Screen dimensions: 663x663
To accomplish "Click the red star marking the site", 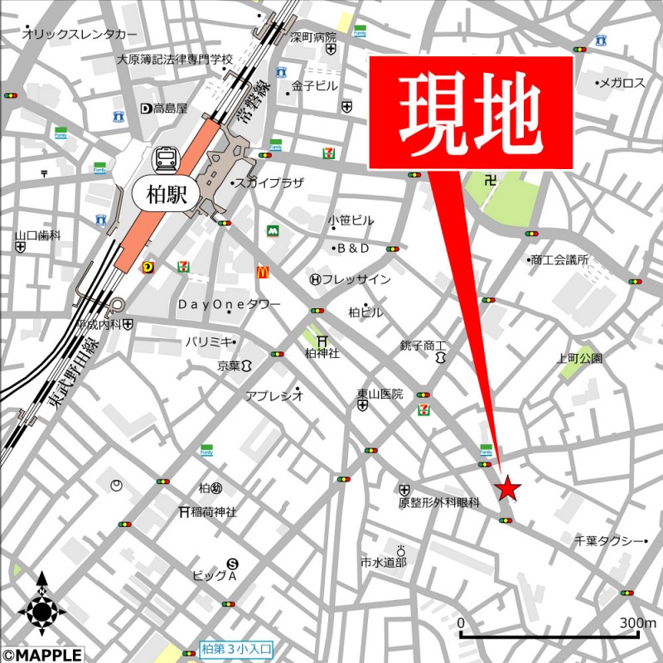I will coord(508,489).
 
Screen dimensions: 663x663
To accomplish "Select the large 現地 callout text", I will coord(470,112).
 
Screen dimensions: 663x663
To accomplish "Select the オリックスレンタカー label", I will coord(80,35).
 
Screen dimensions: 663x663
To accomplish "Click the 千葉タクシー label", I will coord(610,541).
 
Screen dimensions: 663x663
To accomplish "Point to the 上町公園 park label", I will coord(580,359).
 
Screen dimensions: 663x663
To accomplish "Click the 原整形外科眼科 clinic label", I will coord(439,502).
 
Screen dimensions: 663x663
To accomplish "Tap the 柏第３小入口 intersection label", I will coord(237,650).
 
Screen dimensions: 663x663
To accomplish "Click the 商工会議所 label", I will coord(559,259).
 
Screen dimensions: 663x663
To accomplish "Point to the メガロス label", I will coord(621,83).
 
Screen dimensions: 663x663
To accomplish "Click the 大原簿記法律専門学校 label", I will coord(175,60).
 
